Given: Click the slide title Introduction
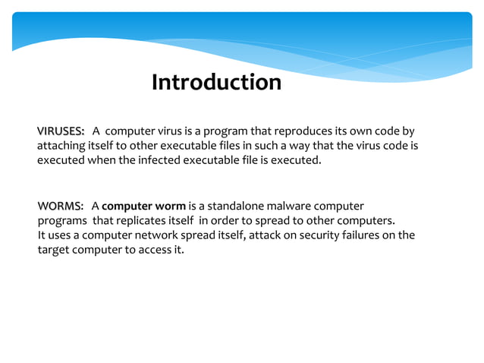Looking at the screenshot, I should click(216, 82).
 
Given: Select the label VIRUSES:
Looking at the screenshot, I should click(61, 131).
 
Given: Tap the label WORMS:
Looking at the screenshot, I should click(60, 207).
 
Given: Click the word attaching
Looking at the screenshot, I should click(61, 146).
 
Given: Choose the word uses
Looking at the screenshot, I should click(60, 235).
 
